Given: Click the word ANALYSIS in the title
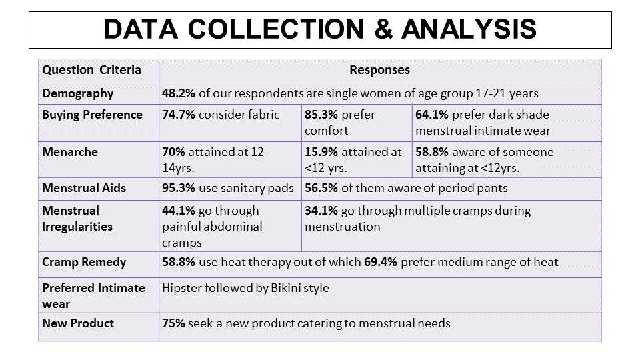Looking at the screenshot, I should tap(469, 29).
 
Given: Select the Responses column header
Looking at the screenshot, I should tap(379, 69).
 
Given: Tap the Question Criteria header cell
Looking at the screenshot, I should tap(91, 69).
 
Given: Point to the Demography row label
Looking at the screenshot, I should tap(77, 93).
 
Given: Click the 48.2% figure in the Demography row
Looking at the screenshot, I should tap(179, 93).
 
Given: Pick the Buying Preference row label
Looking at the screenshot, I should tap(92, 115).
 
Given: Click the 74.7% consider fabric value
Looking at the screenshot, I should tap(179, 115).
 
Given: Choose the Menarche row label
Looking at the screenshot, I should tap(70, 152).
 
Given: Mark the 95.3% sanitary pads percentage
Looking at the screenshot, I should tap(179, 188).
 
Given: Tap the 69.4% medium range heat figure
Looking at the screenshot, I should tap(381, 262).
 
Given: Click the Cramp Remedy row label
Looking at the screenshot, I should tap(84, 262).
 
